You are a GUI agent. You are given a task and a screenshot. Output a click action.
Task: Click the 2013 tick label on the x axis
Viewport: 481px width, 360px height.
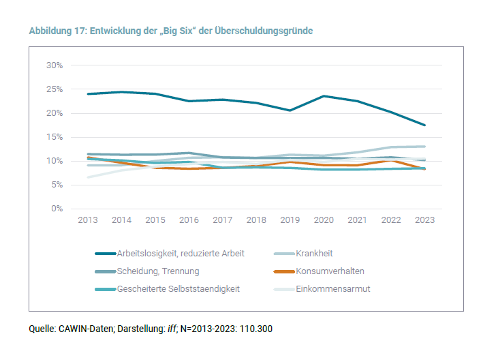(x=87, y=220)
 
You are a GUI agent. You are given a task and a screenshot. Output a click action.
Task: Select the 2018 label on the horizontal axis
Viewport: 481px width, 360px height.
(x=255, y=220)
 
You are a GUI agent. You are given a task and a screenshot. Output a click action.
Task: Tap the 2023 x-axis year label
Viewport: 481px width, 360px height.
(x=424, y=220)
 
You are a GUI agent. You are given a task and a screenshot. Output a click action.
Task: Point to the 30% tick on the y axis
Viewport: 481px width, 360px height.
(x=55, y=65)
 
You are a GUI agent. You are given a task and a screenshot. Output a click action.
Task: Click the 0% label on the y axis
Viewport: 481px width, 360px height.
(x=57, y=209)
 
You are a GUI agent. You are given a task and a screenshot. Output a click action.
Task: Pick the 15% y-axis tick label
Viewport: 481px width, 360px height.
(x=55, y=137)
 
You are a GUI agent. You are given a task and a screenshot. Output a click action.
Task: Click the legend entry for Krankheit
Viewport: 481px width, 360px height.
(x=313, y=253)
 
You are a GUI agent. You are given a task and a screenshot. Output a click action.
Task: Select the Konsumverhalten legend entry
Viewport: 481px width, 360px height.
(x=330, y=271)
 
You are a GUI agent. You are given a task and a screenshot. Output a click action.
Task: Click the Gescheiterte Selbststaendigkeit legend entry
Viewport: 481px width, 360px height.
(x=178, y=288)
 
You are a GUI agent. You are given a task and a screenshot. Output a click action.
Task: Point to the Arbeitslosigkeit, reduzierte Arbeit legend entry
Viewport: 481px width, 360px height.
(x=181, y=253)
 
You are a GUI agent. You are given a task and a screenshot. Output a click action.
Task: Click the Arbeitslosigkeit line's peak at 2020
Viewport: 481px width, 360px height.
(x=323, y=96)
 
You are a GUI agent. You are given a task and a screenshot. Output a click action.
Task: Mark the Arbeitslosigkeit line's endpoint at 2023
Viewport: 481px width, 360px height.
(x=424, y=125)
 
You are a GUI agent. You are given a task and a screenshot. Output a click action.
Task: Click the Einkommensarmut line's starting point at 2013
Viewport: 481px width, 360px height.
(x=88, y=177)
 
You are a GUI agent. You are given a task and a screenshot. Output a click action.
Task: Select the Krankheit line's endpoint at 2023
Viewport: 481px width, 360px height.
(x=424, y=147)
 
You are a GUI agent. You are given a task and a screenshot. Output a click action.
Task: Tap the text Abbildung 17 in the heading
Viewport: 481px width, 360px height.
(x=57, y=31)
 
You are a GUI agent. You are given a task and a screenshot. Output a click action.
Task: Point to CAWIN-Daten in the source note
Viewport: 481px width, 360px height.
(x=84, y=329)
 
